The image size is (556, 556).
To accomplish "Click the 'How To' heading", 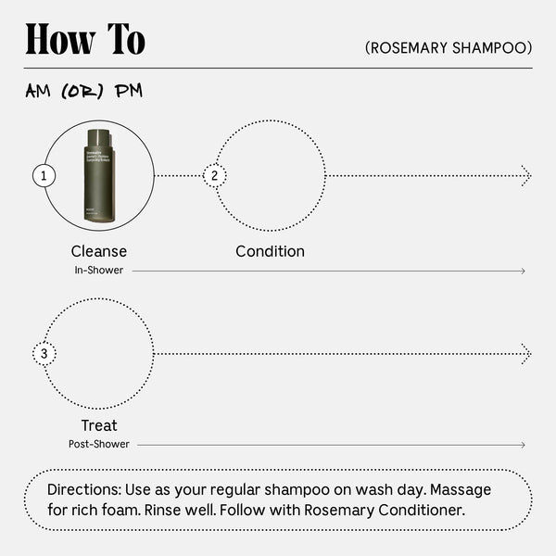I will [85, 40].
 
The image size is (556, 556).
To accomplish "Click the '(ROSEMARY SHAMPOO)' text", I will [449, 47].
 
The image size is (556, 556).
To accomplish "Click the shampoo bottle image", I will [99, 175].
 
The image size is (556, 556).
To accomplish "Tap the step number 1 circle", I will [44, 175].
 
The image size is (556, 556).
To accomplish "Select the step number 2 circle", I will [215, 175].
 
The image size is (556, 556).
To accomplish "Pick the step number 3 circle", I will [44, 354].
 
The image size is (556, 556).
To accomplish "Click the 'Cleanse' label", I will [99, 251].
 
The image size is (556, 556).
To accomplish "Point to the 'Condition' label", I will [270, 251].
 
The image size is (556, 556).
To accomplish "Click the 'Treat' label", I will [99, 425].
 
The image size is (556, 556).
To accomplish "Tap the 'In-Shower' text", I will [99, 271].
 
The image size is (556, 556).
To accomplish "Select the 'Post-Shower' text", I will [99, 445].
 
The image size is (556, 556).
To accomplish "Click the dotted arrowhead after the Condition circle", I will [526, 175].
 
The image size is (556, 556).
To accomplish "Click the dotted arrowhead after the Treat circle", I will [526, 354].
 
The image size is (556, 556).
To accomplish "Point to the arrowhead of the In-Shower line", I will [523, 272].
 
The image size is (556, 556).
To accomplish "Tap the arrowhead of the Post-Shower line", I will [523, 446].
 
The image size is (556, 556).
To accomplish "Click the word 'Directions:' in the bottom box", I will [86, 489].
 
